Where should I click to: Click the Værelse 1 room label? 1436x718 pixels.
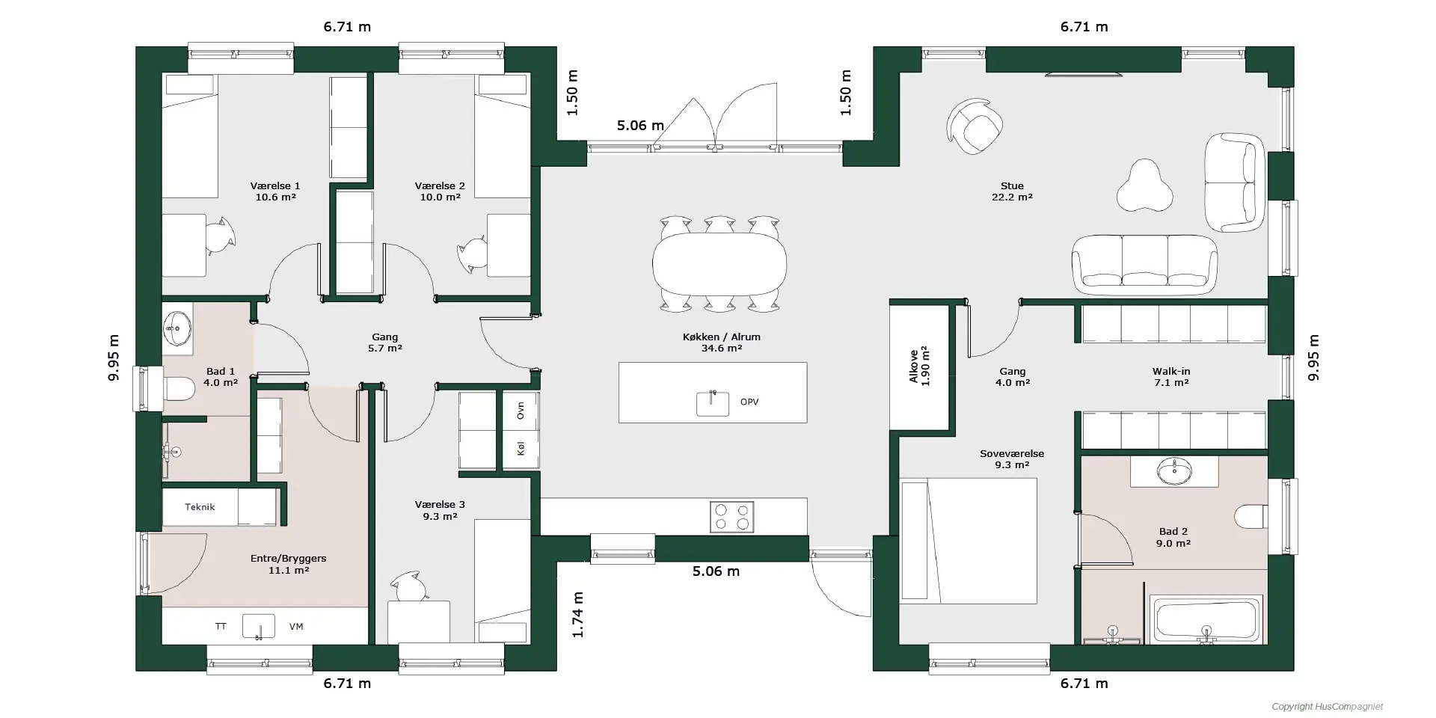(275, 191)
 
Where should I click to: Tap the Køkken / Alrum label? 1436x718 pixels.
(721, 343)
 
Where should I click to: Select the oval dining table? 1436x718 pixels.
(719, 263)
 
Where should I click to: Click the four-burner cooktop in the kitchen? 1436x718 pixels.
(731, 517)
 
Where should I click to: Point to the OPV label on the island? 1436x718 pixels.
(749, 402)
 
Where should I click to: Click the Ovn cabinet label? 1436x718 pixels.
(521, 410)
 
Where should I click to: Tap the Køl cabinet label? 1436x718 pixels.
(521, 449)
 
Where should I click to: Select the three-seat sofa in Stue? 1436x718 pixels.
(1144, 264)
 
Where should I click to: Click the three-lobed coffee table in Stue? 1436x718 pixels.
(1144, 185)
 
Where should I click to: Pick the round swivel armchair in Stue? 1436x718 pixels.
(974, 126)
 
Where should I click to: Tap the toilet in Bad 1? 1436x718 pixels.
(178, 389)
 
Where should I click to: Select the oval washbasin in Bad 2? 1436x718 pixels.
(1174, 471)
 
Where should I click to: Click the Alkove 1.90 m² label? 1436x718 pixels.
(919, 366)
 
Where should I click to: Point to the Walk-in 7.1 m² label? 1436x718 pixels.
(1171, 377)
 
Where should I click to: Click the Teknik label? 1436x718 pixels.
(200, 507)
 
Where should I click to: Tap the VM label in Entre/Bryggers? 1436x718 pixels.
(296, 627)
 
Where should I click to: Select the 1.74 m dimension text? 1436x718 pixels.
(577, 615)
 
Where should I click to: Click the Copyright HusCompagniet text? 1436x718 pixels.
(1328, 707)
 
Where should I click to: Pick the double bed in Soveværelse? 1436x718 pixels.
(969, 541)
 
